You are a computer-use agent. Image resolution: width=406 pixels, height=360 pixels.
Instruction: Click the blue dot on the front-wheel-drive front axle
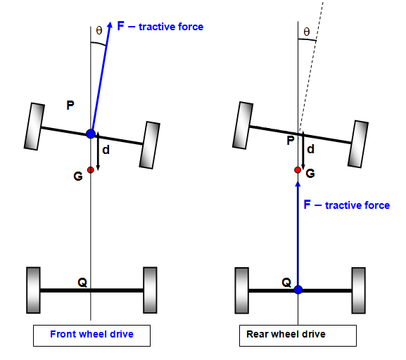coord(91,134)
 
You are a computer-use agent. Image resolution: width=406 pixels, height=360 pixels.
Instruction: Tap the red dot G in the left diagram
coord(90,169)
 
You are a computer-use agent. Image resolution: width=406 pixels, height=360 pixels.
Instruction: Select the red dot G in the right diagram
coord(298,170)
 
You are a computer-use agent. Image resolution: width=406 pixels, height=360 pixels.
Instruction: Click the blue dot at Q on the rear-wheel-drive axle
coord(298,290)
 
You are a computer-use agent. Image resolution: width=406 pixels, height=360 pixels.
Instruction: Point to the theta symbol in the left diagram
coord(99,30)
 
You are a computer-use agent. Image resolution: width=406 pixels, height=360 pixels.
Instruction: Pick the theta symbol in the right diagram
coord(307,32)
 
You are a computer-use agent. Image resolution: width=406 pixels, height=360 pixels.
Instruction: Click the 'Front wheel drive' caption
coord(91,334)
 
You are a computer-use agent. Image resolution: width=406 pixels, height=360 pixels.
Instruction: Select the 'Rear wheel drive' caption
coord(286,334)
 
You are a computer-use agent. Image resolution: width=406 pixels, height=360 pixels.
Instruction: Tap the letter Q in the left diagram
coord(82,283)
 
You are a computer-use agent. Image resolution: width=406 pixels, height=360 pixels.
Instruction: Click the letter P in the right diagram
coord(291,141)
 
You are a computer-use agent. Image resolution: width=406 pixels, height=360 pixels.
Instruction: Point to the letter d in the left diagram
coord(106,150)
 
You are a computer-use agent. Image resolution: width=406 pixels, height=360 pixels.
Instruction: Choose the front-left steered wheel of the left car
coord(34,127)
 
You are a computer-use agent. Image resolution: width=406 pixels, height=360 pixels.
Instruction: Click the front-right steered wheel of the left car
coord(150,145)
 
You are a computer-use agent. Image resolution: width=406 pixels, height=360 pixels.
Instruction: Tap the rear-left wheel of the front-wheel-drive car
coord(33,290)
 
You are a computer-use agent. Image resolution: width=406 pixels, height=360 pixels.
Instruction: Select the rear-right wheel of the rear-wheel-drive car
coord(359,290)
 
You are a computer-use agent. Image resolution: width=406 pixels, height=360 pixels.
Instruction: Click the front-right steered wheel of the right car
coord(358,144)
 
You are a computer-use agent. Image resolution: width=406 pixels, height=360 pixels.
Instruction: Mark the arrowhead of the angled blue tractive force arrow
coord(110,25)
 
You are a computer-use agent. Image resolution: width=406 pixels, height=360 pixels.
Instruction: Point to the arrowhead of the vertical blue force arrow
coord(298,184)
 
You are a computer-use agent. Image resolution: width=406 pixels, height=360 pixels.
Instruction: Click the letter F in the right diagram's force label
coord(307,205)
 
